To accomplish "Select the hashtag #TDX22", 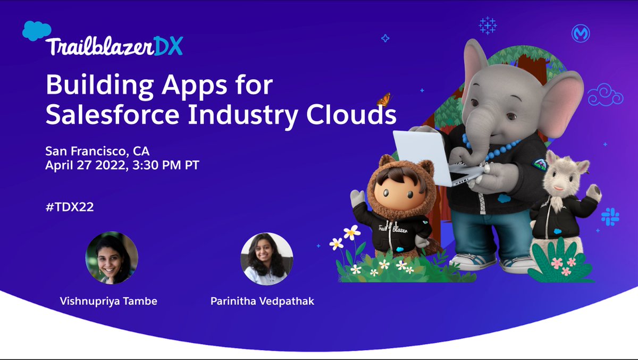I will click(x=70, y=207).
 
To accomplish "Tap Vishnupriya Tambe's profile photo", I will click(x=112, y=258).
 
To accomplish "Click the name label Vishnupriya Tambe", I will click(x=108, y=302).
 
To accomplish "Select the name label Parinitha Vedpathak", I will click(x=263, y=302).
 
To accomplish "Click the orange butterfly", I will click(x=383, y=99).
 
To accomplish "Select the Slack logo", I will click(x=610, y=216).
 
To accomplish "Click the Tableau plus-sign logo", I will click(x=487, y=25).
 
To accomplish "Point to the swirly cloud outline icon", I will click(x=605, y=95).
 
